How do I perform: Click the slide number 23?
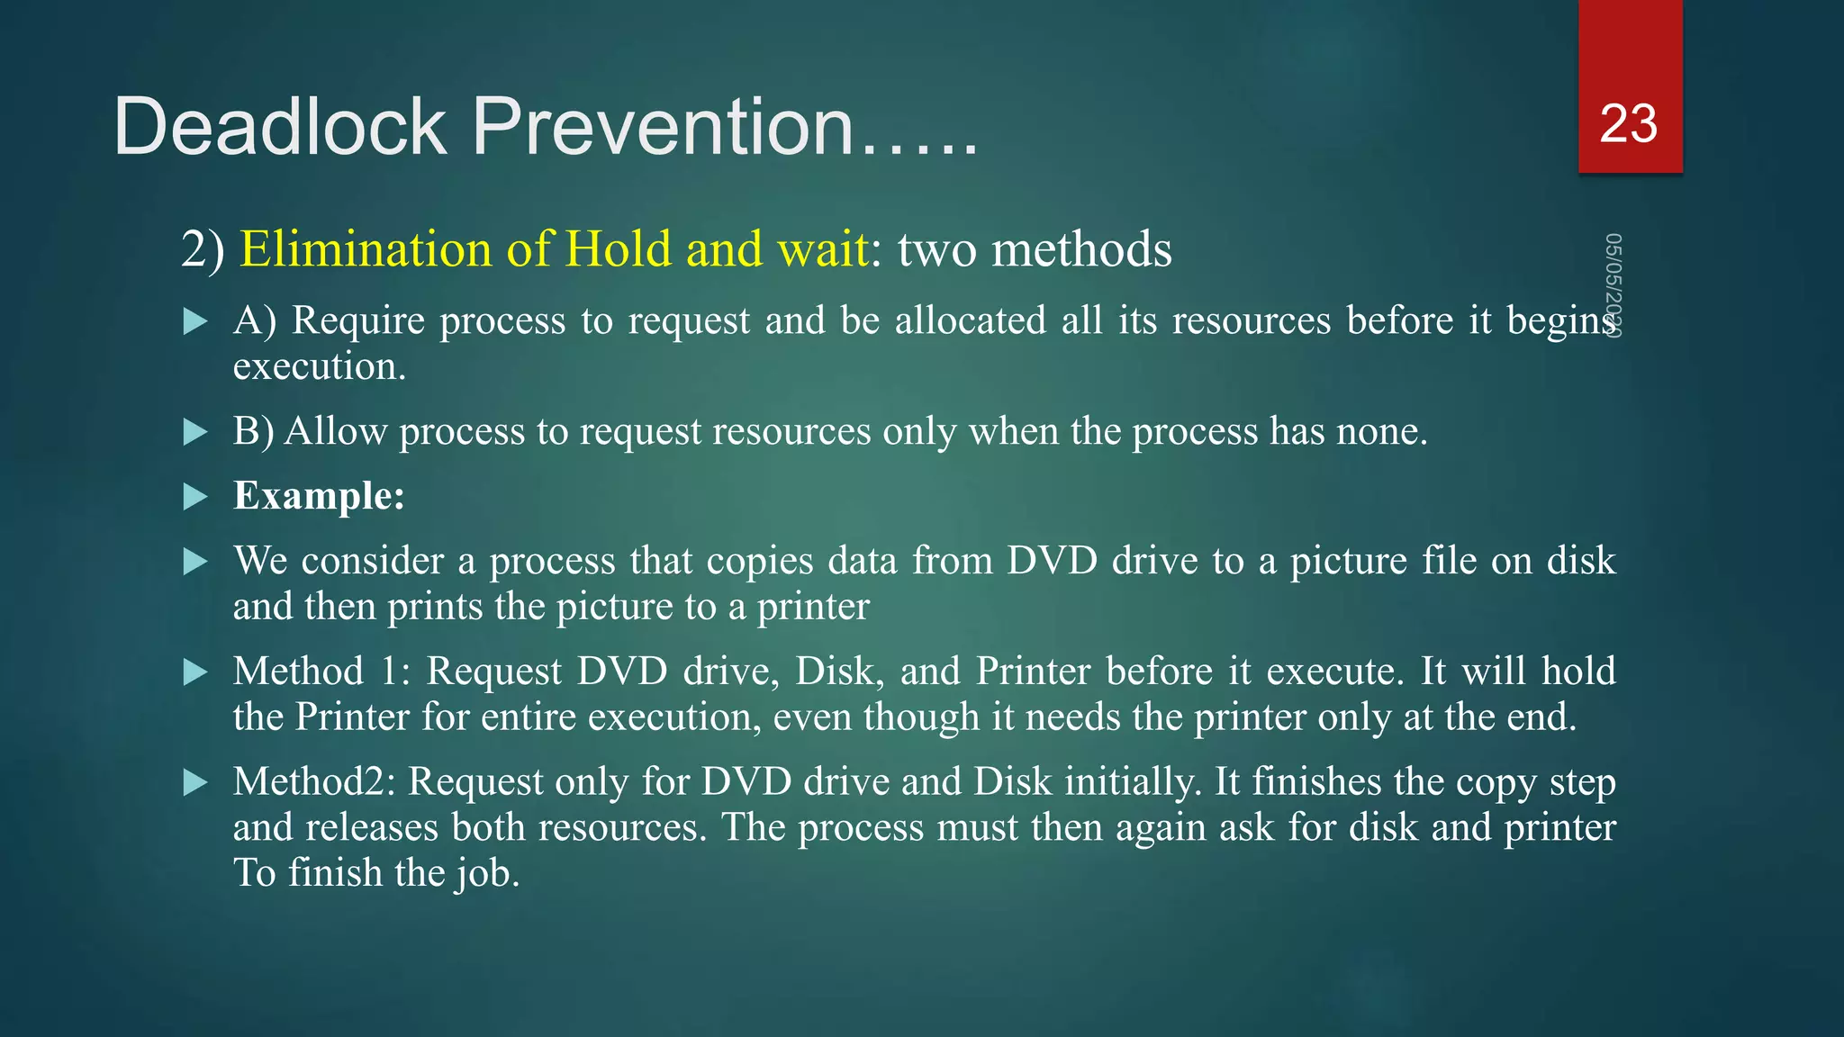coord(1628,123)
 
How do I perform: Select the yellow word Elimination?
coord(365,249)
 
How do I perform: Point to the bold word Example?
coord(319,496)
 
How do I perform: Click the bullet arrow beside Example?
coord(194,497)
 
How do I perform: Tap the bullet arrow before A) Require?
coord(194,321)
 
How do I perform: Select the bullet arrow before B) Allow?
coord(194,432)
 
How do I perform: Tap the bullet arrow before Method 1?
coord(194,672)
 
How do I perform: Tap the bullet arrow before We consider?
coord(194,563)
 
